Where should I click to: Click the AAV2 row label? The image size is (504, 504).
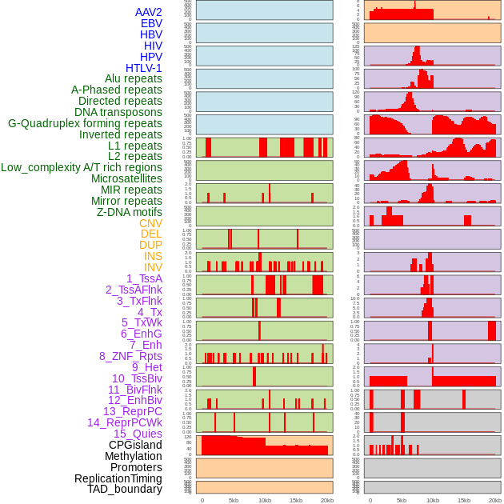[148, 13]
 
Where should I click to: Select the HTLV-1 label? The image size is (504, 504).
[143, 68]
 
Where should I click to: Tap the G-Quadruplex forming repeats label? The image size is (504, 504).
[85, 123]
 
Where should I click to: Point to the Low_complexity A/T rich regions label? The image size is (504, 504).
[82, 167]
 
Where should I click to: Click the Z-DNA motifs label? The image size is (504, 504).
[129, 212]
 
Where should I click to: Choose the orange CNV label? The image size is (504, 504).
[150, 223]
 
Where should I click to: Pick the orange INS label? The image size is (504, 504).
[153, 256]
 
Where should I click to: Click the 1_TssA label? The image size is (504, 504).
[144, 278]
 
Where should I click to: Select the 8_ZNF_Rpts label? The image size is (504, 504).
[130, 356]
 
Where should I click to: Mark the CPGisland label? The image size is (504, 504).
[135, 445]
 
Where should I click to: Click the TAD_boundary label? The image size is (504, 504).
[124, 489]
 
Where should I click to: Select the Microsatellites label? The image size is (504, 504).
[126, 178]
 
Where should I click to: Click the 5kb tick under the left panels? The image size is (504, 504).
[234, 500]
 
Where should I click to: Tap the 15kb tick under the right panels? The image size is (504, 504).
[464, 500]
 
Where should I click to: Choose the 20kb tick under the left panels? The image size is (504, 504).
[327, 500]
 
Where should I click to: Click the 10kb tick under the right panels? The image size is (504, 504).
[433, 500]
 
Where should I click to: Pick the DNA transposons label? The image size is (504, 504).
[118, 112]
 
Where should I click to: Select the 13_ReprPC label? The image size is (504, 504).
[132, 411]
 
